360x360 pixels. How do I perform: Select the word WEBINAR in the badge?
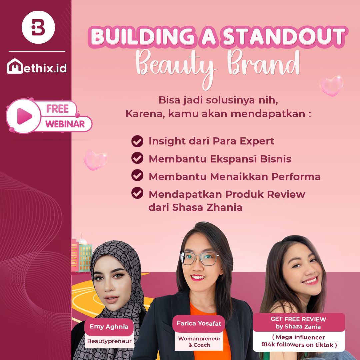(65, 124)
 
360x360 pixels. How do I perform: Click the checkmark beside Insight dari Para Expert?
(137, 141)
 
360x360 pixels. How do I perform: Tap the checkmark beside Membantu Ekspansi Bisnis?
(137, 158)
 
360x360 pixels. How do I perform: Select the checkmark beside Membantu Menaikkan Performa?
(137, 176)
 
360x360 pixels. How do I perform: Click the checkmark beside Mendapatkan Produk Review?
(137, 193)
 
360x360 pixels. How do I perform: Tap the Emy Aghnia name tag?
(109, 327)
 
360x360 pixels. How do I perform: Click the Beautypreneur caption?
(109, 341)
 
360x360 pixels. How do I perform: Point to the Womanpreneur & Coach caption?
(199, 342)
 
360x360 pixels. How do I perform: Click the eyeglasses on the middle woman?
(199, 258)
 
